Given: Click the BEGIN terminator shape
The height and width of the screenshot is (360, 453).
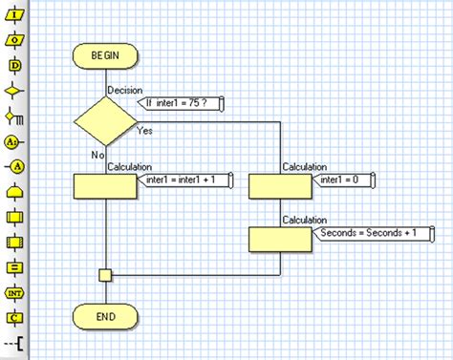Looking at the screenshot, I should click(x=105, y=56).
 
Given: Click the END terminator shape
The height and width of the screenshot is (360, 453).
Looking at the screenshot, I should click(x=105, y=314).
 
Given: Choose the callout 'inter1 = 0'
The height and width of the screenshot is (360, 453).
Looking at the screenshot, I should click(x=345, y=180).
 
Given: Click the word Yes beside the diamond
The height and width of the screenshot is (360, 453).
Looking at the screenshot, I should click(x=145, y=130).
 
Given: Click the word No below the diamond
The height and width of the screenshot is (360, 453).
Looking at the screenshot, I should click(x=97, y=155).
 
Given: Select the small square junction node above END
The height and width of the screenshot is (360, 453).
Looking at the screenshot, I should click(x=105, y=275).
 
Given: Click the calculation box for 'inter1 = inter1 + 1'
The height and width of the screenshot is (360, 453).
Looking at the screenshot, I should click(x=105, y=185).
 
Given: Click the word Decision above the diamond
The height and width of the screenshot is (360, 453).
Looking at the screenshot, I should click(x=125, y=90).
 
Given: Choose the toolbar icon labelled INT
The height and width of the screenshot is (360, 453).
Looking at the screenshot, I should click(x=14, y=292).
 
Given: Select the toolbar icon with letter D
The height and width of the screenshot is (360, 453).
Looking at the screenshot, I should click(x=14, y=65).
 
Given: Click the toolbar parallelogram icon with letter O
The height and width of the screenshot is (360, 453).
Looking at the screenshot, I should click(x=14, y=40).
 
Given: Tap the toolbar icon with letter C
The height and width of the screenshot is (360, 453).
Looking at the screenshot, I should click(x=14, y=317).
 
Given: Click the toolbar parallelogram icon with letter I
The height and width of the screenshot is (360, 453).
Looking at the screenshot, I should click(x=14, y=15).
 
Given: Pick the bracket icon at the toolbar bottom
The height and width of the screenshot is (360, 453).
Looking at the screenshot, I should click(x=14, y=342).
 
